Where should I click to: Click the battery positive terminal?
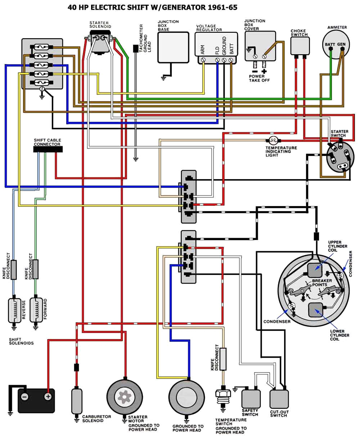point(48,397)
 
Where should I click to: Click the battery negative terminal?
point(24,397)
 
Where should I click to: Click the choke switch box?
point(300,46)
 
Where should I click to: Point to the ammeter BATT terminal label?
point(330,44)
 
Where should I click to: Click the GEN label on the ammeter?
point(341,44)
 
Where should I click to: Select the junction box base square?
point(173,47)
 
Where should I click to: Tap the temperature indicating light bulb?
point(273,141)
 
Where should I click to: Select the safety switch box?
point(251,399)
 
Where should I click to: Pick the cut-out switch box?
point(279,399)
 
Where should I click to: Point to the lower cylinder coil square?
point(316,310)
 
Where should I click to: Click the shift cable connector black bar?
point(47,149)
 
